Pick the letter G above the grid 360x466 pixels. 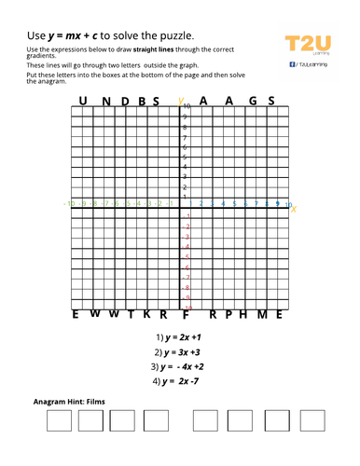click(247, 101)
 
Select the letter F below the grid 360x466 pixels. click(186, 315)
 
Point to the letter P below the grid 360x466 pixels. click(228, 314)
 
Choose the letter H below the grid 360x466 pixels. click(244, 314)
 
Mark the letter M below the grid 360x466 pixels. click(263, 314)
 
